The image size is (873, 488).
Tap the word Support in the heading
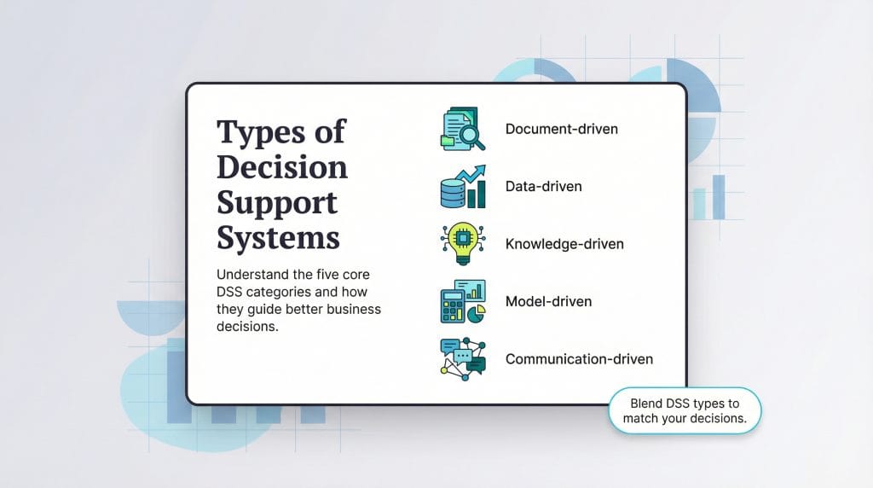276,202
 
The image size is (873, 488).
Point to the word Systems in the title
278,236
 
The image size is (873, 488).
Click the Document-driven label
561,129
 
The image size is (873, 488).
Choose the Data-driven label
543,186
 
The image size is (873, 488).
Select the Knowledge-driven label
564,244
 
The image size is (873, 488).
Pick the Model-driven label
548,301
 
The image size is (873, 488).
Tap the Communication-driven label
579,359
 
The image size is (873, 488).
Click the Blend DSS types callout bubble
685,410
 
